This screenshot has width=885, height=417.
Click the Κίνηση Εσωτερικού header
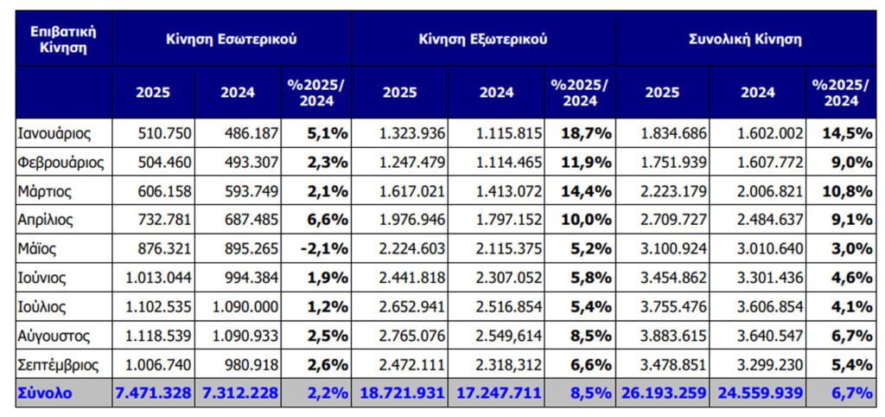tap(232, 39)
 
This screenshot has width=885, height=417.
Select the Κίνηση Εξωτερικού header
tap(483, 39)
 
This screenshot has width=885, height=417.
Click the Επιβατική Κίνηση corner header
tap(63, 39)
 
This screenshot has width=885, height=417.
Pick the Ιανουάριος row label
tap(54, 133)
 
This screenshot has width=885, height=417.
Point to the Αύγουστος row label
tap(54, 335)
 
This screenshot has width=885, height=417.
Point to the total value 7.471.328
tap(153, 393)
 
